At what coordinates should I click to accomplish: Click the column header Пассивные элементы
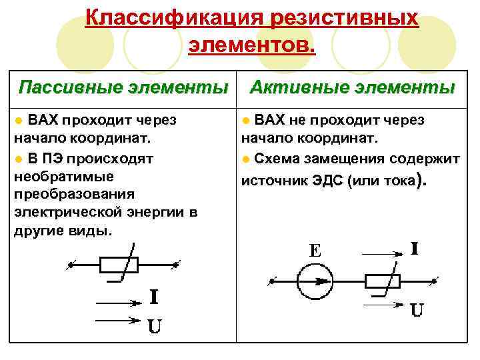click(x=123, y=87)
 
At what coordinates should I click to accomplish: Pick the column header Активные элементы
click(x=352, y=87)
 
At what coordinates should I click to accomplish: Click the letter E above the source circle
click(x=315, y=251)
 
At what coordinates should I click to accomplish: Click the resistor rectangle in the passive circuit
click(x=119, y=265)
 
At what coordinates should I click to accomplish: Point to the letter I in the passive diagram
click(x=153, y=297)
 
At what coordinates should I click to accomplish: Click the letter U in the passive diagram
click(x=153, y=327)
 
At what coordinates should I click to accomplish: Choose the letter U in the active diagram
click(x=417, y=310)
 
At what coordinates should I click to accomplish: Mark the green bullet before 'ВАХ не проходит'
click(x=247, y=121)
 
